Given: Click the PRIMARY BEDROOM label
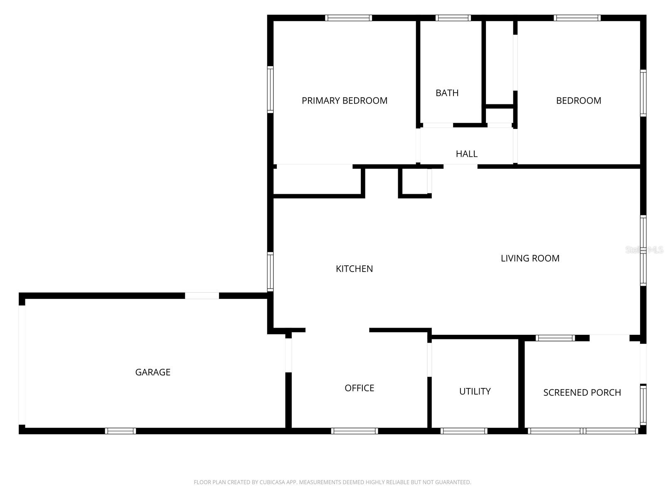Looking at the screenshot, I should (344, 101).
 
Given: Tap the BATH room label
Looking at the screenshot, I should (447, 93).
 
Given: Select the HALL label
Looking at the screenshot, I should (466, 154).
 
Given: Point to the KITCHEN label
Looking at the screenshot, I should (354, 269).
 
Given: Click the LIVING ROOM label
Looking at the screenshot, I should (530, 258).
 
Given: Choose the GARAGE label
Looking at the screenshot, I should (153, 372).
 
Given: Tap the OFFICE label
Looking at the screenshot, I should (359, 388).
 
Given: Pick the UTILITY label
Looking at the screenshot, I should (475, 391).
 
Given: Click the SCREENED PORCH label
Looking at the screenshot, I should (582, 393).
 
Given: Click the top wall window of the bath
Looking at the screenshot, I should (453, 18).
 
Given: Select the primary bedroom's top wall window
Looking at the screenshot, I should (348, 18).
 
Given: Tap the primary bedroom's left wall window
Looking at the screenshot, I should (270, 89).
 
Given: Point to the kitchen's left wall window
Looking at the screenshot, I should (270, 272).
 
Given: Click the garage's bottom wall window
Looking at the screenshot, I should (120, 431).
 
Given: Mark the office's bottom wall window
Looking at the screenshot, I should (354, 431).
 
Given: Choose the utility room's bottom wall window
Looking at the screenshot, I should (463, 431).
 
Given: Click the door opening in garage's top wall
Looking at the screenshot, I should (202, 296).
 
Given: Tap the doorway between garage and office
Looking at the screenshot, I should (288, 355).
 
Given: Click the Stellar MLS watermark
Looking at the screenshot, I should (644, 250).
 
